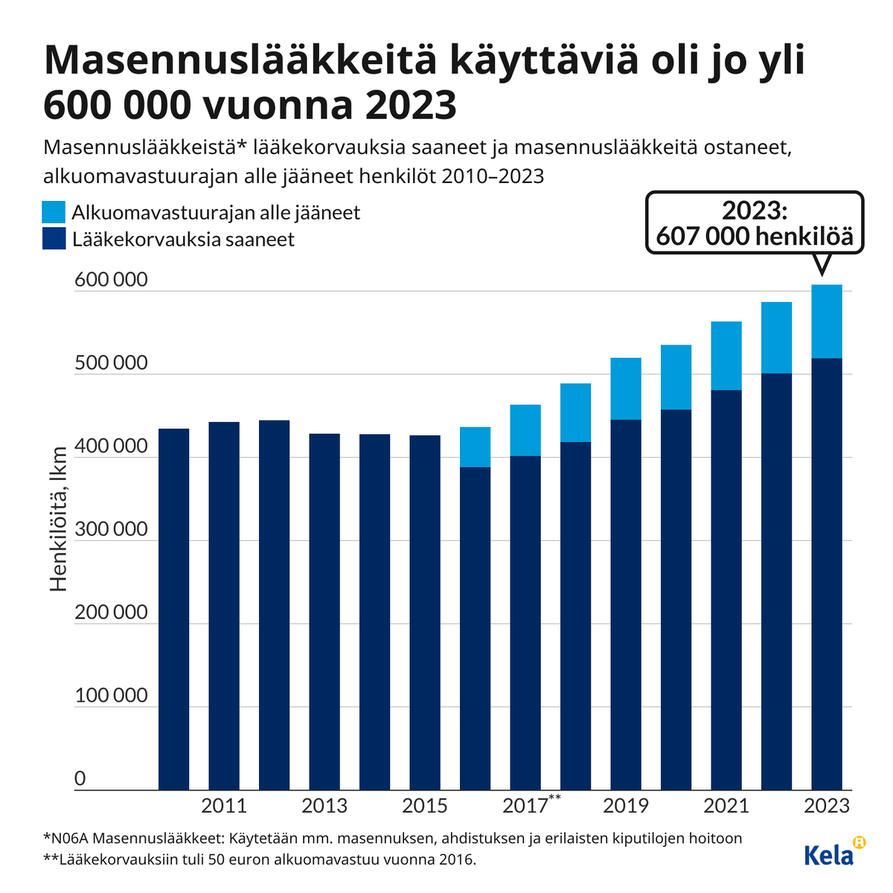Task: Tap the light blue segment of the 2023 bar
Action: tap(827, 321)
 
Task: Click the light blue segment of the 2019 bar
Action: tap(626, 388)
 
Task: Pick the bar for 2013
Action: tap(324, 611)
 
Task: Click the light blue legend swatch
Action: tap(54, 212)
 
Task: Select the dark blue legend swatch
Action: tap(54, 239)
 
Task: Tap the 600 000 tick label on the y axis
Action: tap(112, 281)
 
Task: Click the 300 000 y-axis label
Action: tap(112, 530)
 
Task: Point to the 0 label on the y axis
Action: tap(80, 779)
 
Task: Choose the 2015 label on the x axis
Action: tap(425, 806)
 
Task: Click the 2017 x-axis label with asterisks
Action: tap(531, 805)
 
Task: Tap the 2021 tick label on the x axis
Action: tap(726, 806)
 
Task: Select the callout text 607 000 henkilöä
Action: tap(755, 237)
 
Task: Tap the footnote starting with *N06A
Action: tap(393, 838)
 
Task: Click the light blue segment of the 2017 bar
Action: tap(525, 430)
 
